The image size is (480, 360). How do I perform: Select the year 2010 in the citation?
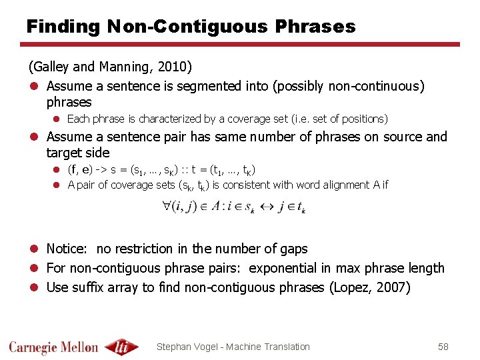(173, 67)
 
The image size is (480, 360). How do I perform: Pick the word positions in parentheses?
(361, 119)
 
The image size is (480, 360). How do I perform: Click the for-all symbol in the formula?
(166, 207)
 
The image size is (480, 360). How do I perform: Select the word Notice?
(67, 249)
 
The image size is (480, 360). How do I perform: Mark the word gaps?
(293, 249)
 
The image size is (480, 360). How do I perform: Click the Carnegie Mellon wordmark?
(53, 347)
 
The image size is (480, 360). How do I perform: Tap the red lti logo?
(121, 346)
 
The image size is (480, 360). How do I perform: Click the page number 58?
(443, 347)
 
